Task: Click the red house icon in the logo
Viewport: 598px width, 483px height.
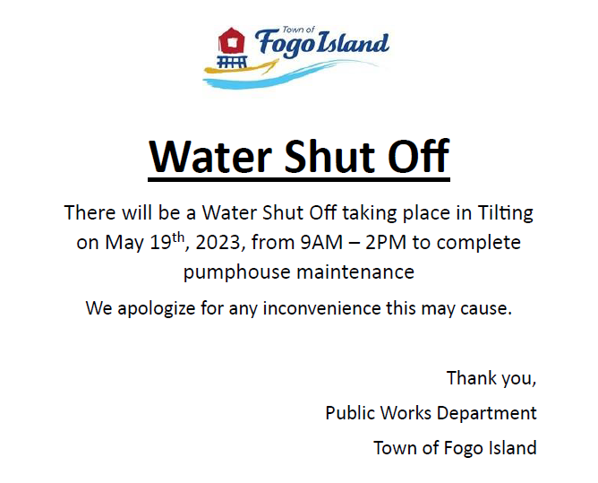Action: tap(231, 41)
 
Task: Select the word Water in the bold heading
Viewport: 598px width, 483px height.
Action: tap(210, 156)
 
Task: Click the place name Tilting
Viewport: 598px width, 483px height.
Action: tap(505, 213)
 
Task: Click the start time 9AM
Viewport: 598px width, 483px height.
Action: tap(321, 242)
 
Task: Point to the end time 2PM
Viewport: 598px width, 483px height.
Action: tap(386, 242)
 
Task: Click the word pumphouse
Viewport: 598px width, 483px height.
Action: tap(237, 272)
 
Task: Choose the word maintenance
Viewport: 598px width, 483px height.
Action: tap(355, 272)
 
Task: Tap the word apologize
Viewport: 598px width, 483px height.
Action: tap(157, 308)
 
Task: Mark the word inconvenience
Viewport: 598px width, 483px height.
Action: tap(321, 307)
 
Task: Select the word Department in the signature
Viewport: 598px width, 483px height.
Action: tap(486, 413)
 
